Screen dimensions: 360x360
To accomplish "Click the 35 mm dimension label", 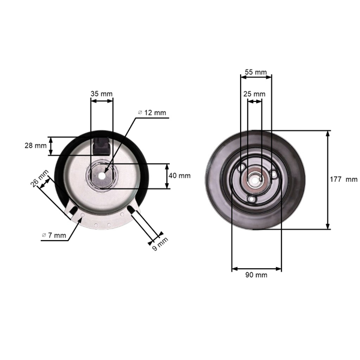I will [x=101, y=94].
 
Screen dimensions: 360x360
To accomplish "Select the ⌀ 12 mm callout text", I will [x=152, y=113].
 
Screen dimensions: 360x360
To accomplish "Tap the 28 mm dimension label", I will [x=36, y=146].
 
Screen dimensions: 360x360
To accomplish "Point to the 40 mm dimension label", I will [x=180, y=176].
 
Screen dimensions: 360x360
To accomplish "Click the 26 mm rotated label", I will [x=40, y=181].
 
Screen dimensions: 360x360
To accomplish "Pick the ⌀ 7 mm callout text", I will [x=53, y=235].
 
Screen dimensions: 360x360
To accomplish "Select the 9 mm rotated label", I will [x=160, y=244].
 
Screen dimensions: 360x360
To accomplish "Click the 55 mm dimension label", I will [x=256, y=72].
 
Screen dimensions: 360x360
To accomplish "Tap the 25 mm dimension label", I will [x=254, y=94].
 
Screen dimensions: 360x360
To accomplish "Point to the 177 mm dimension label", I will [x=343, y=179].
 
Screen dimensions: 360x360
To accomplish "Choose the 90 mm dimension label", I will [x=256, y=275].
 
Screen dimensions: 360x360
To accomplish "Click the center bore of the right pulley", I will [x=254, y=178].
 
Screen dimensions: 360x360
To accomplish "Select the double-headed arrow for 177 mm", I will [x=328, y=179].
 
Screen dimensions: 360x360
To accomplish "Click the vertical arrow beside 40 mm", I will [x=167, y=176].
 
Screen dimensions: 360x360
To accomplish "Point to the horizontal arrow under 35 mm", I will [x=101, y=101].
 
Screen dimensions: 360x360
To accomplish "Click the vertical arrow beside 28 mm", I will [x=52, y=146].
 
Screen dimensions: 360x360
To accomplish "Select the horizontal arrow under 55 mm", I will [x=256, y=77].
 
